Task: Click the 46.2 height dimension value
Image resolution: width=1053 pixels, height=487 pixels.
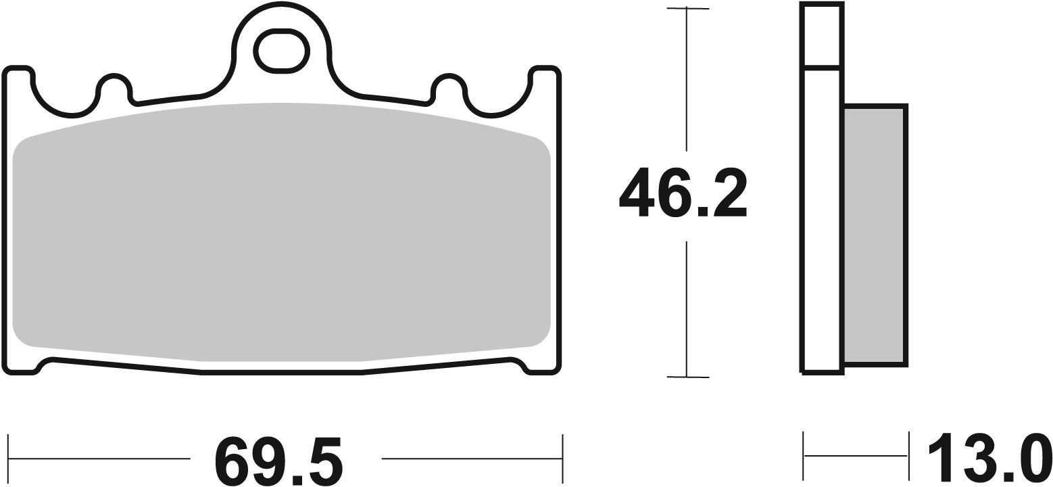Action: (x=683, y=193)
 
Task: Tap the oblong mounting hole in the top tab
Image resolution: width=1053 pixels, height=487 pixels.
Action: (x=281, y=51)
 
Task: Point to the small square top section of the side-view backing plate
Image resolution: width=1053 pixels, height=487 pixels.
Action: (x=821, y=34)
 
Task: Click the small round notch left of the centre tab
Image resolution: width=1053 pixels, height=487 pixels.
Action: (x=114, y=86)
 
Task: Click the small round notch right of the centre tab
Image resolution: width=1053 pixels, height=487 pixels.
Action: (x=447, y=86)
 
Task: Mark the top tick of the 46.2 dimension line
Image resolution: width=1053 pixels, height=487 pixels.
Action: (x=687, y=9)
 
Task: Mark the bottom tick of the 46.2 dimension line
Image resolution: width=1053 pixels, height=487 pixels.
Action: (x=687, y=377)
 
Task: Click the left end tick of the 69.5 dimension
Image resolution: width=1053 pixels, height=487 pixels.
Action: (x=8, y=458)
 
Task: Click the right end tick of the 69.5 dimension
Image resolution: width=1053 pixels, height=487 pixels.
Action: (x=562, y=458)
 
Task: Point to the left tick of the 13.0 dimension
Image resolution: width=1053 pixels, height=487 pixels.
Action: (x=804, y=455)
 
